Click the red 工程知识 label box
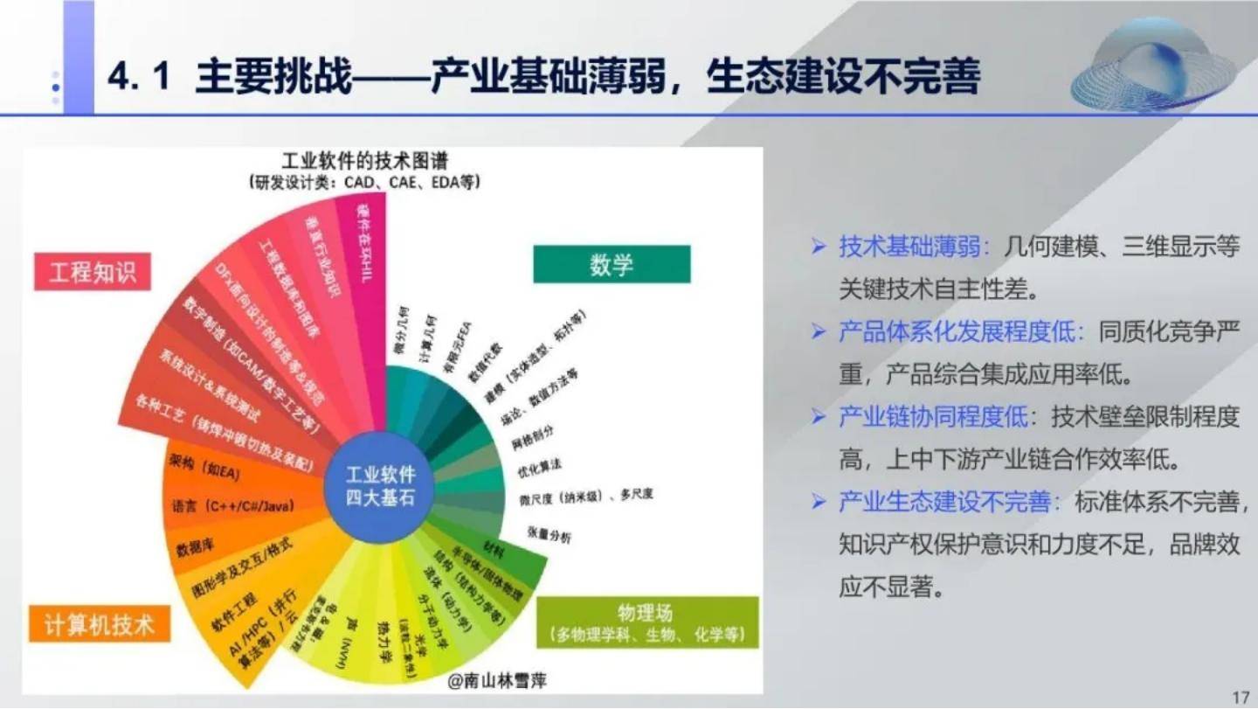tap(93, 272)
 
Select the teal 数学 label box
tap(612, 264)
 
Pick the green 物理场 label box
tap(646, 622)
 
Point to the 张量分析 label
tap(549, 535)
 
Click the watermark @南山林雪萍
tap(496, 679)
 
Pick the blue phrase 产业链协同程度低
tap(933, 417)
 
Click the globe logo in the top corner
tap(1152, 66)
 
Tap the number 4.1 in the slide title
tap(137, 77)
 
